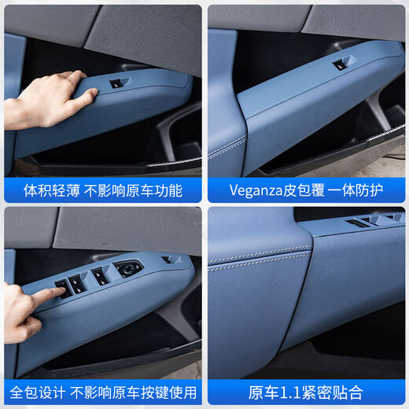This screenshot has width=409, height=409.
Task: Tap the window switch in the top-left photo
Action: tap(116, 83)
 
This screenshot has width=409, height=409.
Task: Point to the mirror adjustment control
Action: tap(129, 268)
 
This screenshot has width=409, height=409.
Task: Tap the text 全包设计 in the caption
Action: tap(36, 392)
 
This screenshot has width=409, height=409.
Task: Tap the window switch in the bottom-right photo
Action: tap(358, 223)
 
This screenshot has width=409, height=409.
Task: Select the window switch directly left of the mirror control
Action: tap(100, 275)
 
